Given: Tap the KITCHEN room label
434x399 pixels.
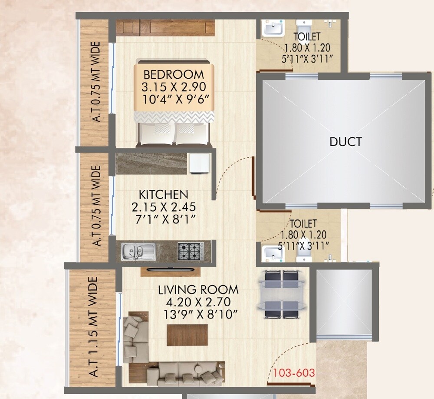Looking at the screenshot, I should [x=163, y=194].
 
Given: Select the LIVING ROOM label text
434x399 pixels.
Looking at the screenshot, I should [x=198, y=289].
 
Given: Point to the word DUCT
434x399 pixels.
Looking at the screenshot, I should [x=345, y=141].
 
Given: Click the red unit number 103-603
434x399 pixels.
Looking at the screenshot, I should [x=294, y=372].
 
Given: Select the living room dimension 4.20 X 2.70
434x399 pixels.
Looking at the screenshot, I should [x=194, y=301].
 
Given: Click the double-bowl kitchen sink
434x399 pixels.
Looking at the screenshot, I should [x=138, y=251].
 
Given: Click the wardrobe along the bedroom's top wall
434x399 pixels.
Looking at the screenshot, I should [x=166, y=27].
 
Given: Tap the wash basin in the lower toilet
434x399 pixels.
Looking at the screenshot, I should [x=273, y=253].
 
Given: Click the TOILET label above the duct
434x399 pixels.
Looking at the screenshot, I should [x=307, y=36].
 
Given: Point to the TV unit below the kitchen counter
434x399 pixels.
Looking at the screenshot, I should [x=171, y=271].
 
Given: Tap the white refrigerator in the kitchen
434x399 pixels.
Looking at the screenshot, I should [x=200, y=163].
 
